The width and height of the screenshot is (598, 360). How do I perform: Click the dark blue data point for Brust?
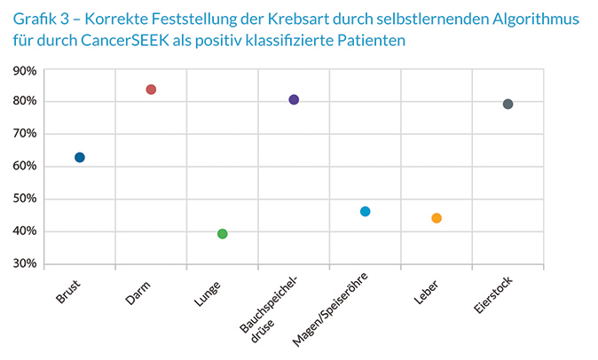(80, 157)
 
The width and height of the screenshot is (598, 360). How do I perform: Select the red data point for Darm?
(151, 90)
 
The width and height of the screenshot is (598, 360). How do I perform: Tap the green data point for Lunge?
(223, 234)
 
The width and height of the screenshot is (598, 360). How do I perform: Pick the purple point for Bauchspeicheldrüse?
(294, 99)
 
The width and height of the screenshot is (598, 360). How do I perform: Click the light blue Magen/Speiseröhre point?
(366, 211)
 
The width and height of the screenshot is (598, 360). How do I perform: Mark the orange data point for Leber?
(437, 218)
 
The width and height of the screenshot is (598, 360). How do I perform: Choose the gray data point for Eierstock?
(508, 104)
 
